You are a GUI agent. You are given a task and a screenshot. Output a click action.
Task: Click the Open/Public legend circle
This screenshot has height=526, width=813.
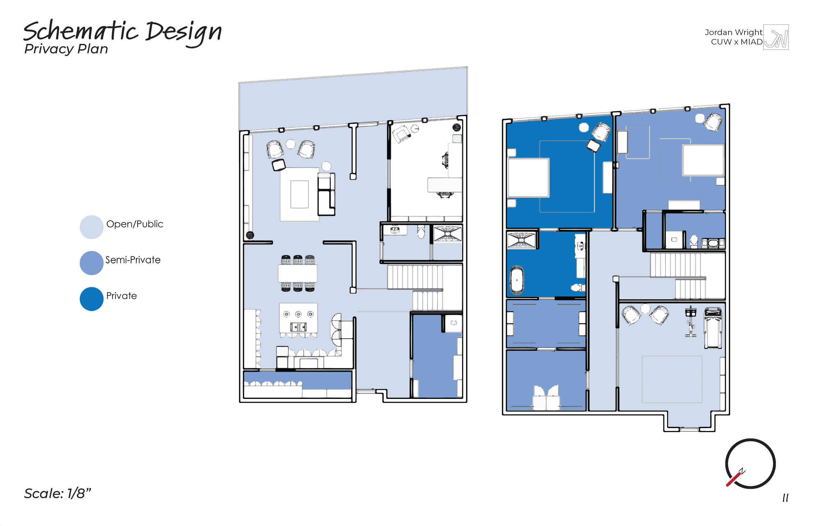92,227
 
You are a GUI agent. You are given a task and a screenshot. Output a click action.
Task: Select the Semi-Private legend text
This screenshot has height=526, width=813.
133,260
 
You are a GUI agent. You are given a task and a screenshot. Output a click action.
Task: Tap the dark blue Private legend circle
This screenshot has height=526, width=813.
92,299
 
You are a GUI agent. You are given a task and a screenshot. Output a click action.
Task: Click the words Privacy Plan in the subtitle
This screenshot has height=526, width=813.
66,49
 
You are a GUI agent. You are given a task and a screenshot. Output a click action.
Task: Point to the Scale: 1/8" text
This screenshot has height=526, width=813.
57,493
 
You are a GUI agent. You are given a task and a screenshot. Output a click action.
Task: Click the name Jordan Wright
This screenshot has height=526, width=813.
733,32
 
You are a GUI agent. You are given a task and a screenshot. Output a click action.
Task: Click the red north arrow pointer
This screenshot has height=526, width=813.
733,479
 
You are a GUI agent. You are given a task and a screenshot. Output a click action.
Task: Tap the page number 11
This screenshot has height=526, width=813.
785,498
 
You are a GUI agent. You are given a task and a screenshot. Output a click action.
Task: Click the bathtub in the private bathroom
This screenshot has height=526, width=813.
517,280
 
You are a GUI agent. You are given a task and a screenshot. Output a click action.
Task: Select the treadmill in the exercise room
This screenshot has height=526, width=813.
713,328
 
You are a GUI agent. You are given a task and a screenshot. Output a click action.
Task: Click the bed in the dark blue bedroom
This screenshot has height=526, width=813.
528,178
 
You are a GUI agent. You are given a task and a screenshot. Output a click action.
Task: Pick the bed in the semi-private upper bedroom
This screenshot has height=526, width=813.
703,160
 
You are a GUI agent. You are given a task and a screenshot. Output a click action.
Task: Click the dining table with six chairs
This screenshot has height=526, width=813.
298,273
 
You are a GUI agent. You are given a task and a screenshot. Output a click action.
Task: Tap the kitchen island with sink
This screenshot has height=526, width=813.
298,318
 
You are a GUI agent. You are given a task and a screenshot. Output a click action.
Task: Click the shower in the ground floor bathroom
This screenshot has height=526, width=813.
447,234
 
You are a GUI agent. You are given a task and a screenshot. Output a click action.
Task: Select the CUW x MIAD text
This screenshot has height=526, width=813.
737,42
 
